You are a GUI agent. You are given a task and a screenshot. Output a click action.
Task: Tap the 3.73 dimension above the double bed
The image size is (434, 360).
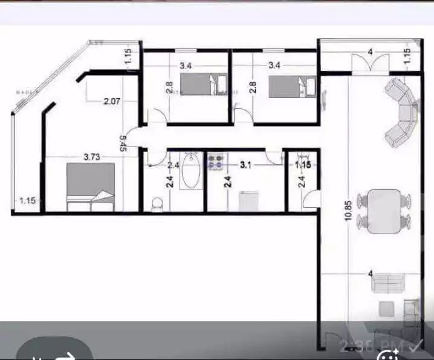[x=91, y=157]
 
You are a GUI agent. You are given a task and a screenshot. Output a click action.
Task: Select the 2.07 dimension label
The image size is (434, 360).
[x=111, y=101]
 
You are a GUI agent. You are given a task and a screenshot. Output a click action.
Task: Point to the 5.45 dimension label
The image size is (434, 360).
[x=123, y=142]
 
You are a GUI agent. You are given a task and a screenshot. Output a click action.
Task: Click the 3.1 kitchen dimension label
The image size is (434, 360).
[x=245, y=164]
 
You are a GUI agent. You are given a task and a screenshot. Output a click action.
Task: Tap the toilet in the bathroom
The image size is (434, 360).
[x=157, y=205]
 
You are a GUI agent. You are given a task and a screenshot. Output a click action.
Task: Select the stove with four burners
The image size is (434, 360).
[x=215, y=161]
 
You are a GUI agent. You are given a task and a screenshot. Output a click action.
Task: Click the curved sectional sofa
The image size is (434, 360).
[x=401, y=113]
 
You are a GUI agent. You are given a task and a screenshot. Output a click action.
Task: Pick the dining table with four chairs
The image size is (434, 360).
[x=384, y=211]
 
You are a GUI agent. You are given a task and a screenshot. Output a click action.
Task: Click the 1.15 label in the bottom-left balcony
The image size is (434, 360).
[x=27, y=200]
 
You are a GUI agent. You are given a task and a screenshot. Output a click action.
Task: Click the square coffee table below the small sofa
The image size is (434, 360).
[x=385, y=309]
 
